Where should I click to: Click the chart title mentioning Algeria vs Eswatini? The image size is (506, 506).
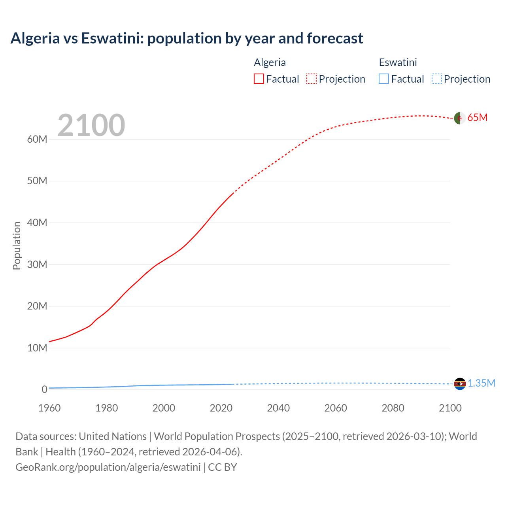(x=187, y=38)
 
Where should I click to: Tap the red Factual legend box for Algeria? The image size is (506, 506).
(x=259, y=79)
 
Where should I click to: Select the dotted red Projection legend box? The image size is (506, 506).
(x=312, y=79)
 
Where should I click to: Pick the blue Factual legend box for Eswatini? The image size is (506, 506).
(x=384, y=79)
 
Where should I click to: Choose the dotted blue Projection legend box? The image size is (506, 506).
(x=437, y=79)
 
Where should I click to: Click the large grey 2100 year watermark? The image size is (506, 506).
(x=91, y=125)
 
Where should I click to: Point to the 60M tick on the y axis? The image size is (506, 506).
(x=37, y=139)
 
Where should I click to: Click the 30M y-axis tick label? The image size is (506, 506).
(x=37, y=264)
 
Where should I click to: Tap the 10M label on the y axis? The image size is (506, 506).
(x=37, y=348)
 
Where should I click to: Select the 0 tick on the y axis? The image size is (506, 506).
(x=44, y=389)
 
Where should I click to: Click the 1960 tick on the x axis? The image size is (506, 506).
(x=49, y=408)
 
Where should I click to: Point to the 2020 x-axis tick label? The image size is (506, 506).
(x=221, y=408)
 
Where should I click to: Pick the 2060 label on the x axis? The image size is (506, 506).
(x=336, y=408)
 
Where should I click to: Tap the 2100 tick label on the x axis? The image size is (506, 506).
(x=450, y=408)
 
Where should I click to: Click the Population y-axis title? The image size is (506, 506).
(x=17, y=245)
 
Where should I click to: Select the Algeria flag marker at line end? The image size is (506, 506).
(x=459, y=118)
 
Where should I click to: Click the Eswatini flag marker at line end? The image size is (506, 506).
(x=459, y=383)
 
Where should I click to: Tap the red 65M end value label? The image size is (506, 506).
(x=478, y=118)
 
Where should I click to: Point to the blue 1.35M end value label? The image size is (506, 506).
(x=481, y=383)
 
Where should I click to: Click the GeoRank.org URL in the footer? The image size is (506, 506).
(x=108, y=467)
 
